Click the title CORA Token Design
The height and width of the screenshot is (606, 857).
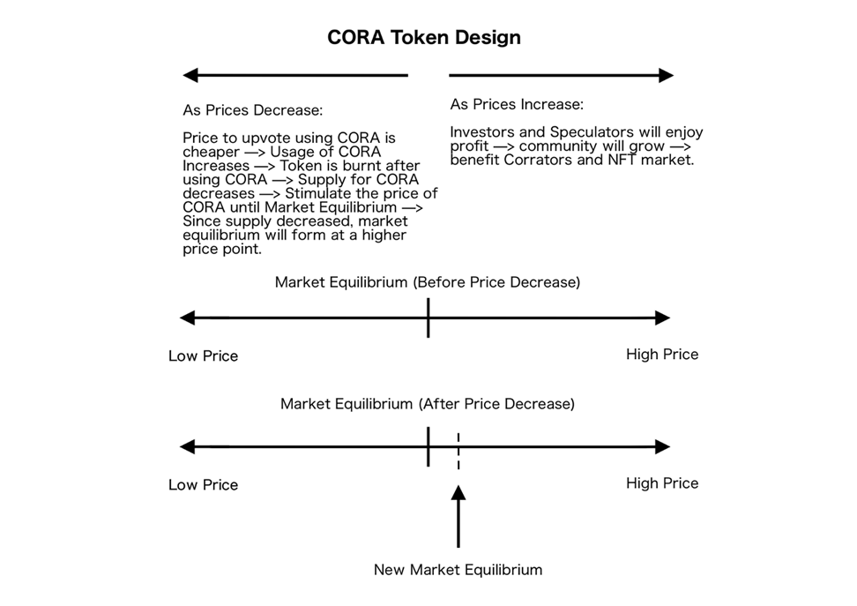tap(423, 37)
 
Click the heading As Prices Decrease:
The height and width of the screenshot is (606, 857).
tap(252, 110)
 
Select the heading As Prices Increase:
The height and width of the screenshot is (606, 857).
tap(517, 104)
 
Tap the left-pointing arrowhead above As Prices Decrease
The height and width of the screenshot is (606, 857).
tap(190, 76)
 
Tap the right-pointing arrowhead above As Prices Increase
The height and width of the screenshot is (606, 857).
tap(667, 76)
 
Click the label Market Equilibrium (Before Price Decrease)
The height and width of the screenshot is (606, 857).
tap(428, 282)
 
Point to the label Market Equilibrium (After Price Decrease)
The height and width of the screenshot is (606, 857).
tap(428, 404)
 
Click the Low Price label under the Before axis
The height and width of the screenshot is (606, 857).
tap(204, 356)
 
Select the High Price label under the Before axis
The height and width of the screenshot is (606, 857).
tap(662, 355)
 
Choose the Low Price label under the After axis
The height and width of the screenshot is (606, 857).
tap(204, 485)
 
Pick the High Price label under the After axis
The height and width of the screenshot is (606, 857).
tap(662, 483)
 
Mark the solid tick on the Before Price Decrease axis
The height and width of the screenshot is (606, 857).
tap(428, 318)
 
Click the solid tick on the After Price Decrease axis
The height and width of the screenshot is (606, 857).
tap(428, 447)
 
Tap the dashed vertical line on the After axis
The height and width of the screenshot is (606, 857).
tap(458, 451)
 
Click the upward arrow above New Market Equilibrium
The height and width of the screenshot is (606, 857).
tap(458, 516)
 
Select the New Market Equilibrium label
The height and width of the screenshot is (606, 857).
tap(458, 569)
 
